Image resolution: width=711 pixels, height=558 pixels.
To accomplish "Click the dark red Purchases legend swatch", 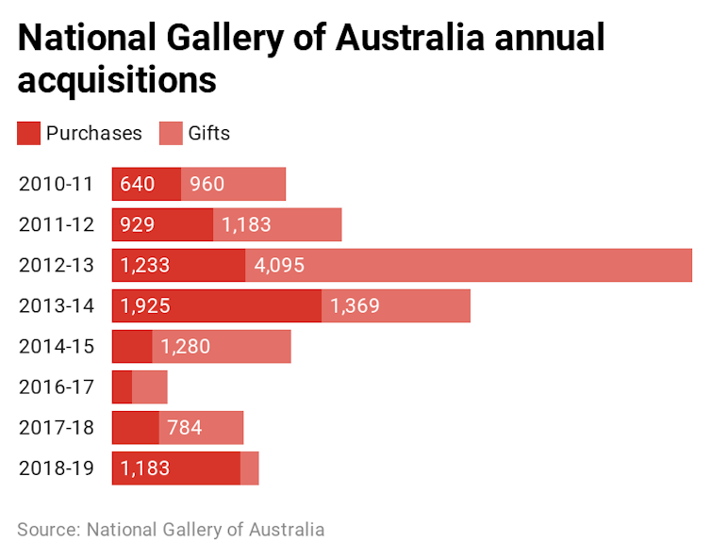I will tap(28, 133).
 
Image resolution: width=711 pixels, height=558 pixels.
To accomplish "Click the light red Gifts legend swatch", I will tap(171, 133).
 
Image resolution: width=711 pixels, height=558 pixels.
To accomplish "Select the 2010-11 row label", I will tap(56, 184).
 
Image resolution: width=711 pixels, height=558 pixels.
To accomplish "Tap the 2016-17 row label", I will tap(56, 387).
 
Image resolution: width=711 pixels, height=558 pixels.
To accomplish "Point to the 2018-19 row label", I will tap(56, 468).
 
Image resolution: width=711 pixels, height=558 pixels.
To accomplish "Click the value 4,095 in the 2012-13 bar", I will tap(279, 266).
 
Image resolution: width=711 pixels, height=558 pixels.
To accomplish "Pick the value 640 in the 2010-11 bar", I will tap(138, 184).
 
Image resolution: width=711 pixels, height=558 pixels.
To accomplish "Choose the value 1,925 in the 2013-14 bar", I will tap(144, 306).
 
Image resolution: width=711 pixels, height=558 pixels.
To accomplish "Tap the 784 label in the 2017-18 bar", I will tap(185, 428).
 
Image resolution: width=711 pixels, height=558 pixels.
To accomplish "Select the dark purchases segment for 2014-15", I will tap(132, 347).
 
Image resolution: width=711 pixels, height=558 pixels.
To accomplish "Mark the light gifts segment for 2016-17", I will tap(150, 387).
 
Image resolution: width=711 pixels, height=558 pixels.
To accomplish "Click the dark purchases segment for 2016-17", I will tap(122, 387).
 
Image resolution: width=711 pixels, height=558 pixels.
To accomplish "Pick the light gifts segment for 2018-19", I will tap(250, 468).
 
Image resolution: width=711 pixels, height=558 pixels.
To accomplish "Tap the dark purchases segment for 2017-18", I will tap(135, 428).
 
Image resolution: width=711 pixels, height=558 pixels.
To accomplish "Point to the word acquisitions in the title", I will tap(117, 81).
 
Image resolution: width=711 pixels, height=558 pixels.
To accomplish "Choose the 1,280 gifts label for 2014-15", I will tap(186, 347).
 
